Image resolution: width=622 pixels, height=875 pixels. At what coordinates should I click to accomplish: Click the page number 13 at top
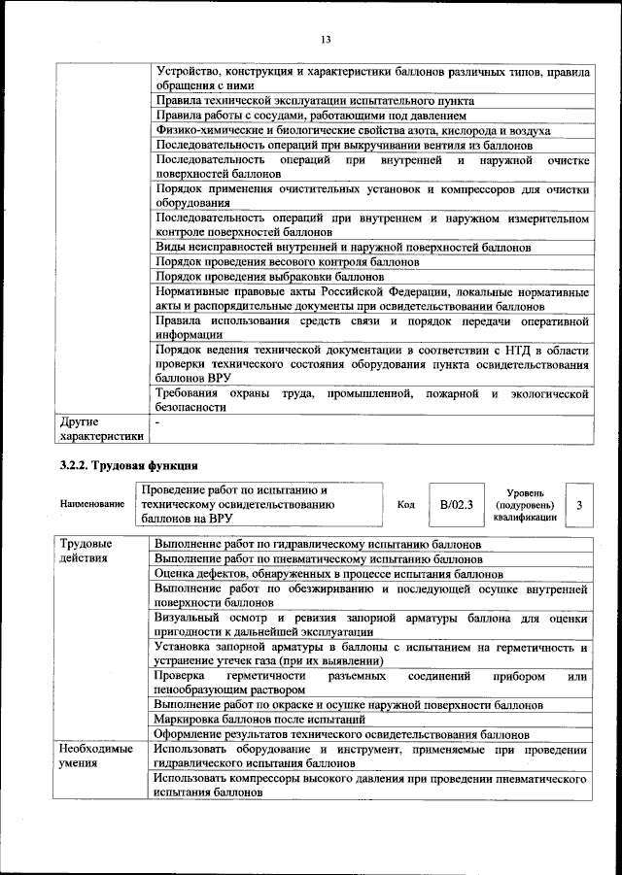pos(326,39)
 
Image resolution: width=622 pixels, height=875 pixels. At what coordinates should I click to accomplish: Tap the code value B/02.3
pos(456,505)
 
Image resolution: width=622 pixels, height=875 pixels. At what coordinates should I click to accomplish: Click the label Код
pos(406,505)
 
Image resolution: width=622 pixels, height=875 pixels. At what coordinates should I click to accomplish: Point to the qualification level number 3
pos(579,506)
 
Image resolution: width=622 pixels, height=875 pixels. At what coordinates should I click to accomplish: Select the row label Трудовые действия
pos(86,552)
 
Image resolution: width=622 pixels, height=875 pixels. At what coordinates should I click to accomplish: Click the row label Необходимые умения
pos(95,756)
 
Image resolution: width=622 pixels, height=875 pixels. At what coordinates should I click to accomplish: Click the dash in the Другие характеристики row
pos(157,422)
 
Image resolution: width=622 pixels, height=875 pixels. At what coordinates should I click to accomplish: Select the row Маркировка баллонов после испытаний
pos(259,720)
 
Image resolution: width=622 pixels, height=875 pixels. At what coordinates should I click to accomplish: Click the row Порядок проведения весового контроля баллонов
pos(287,262)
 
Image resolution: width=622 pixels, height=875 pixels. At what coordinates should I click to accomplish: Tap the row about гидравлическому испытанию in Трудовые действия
pos(317,545)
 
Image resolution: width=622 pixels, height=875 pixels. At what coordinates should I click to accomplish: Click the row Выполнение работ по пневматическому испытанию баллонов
pos(318,559)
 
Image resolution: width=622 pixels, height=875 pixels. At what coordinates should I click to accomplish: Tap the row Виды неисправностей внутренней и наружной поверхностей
pos(343,248)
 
